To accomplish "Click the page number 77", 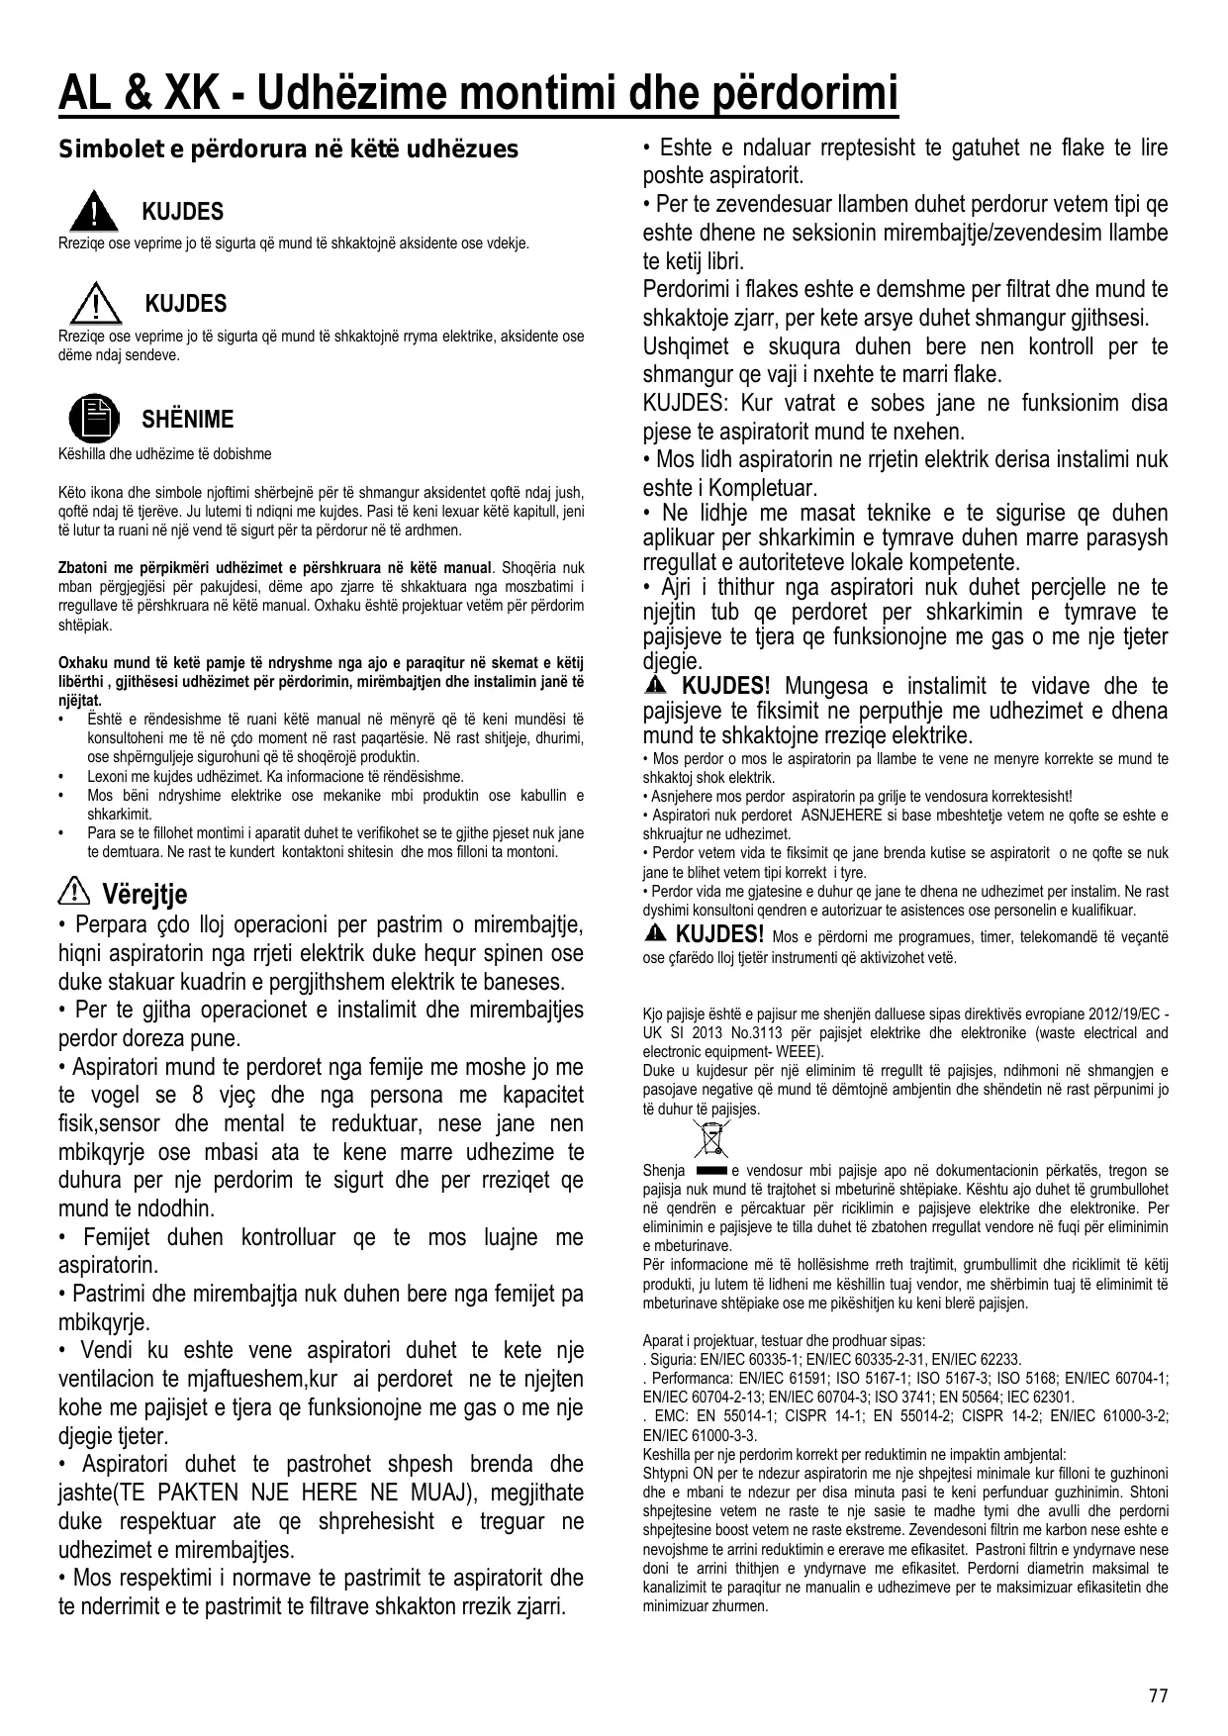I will pos(1158,1695).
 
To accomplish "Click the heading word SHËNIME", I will pos(188,419).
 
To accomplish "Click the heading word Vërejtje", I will pos(144,895).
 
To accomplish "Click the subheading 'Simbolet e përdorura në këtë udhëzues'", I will pos(289,149).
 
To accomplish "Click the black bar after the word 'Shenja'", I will pos(711,1171).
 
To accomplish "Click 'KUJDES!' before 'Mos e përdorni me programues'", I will pos(719,933).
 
